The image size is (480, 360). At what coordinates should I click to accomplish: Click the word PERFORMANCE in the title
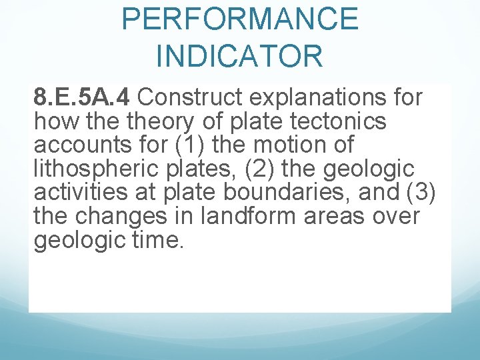pyautogui.click(x=240, y=19)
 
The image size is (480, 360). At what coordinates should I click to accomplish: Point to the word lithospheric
pyautogui.click(x=91, y=169)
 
